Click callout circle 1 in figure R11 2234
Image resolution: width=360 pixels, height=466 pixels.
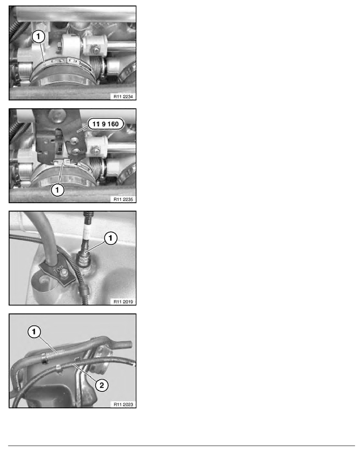(38, 37)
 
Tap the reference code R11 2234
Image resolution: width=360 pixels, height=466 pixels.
(123, 96)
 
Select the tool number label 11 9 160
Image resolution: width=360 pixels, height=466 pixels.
(106, 124)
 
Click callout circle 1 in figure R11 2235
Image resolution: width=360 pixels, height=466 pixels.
(57, 190)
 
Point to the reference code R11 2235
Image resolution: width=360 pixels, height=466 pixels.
(123, 199)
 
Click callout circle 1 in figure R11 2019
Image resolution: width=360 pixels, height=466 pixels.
(111, 238)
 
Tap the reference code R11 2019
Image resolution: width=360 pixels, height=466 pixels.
(123, 302)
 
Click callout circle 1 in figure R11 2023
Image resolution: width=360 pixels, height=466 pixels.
(34, 331)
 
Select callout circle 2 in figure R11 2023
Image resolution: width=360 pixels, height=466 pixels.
(102, 385)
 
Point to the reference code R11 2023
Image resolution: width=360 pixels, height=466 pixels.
(123, 404)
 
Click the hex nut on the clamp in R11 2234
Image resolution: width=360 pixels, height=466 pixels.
(96, 50)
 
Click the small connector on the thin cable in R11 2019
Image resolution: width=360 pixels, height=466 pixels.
(84, 288)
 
